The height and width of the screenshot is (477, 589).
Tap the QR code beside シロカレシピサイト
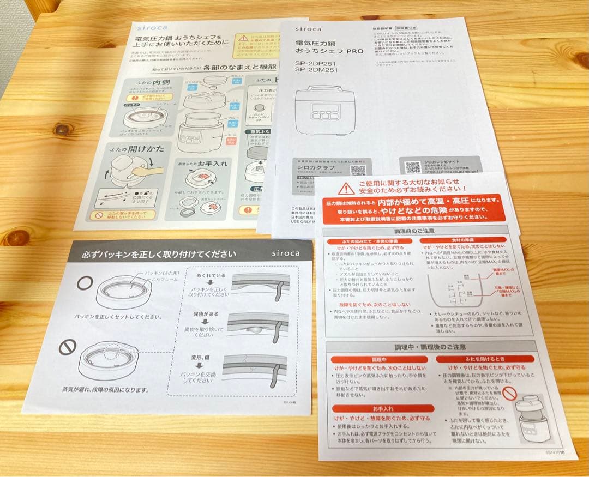(x=412, y=167)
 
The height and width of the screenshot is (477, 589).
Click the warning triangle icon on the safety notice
(x=346, y=189)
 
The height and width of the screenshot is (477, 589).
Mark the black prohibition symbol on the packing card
(x=68, y=347)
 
